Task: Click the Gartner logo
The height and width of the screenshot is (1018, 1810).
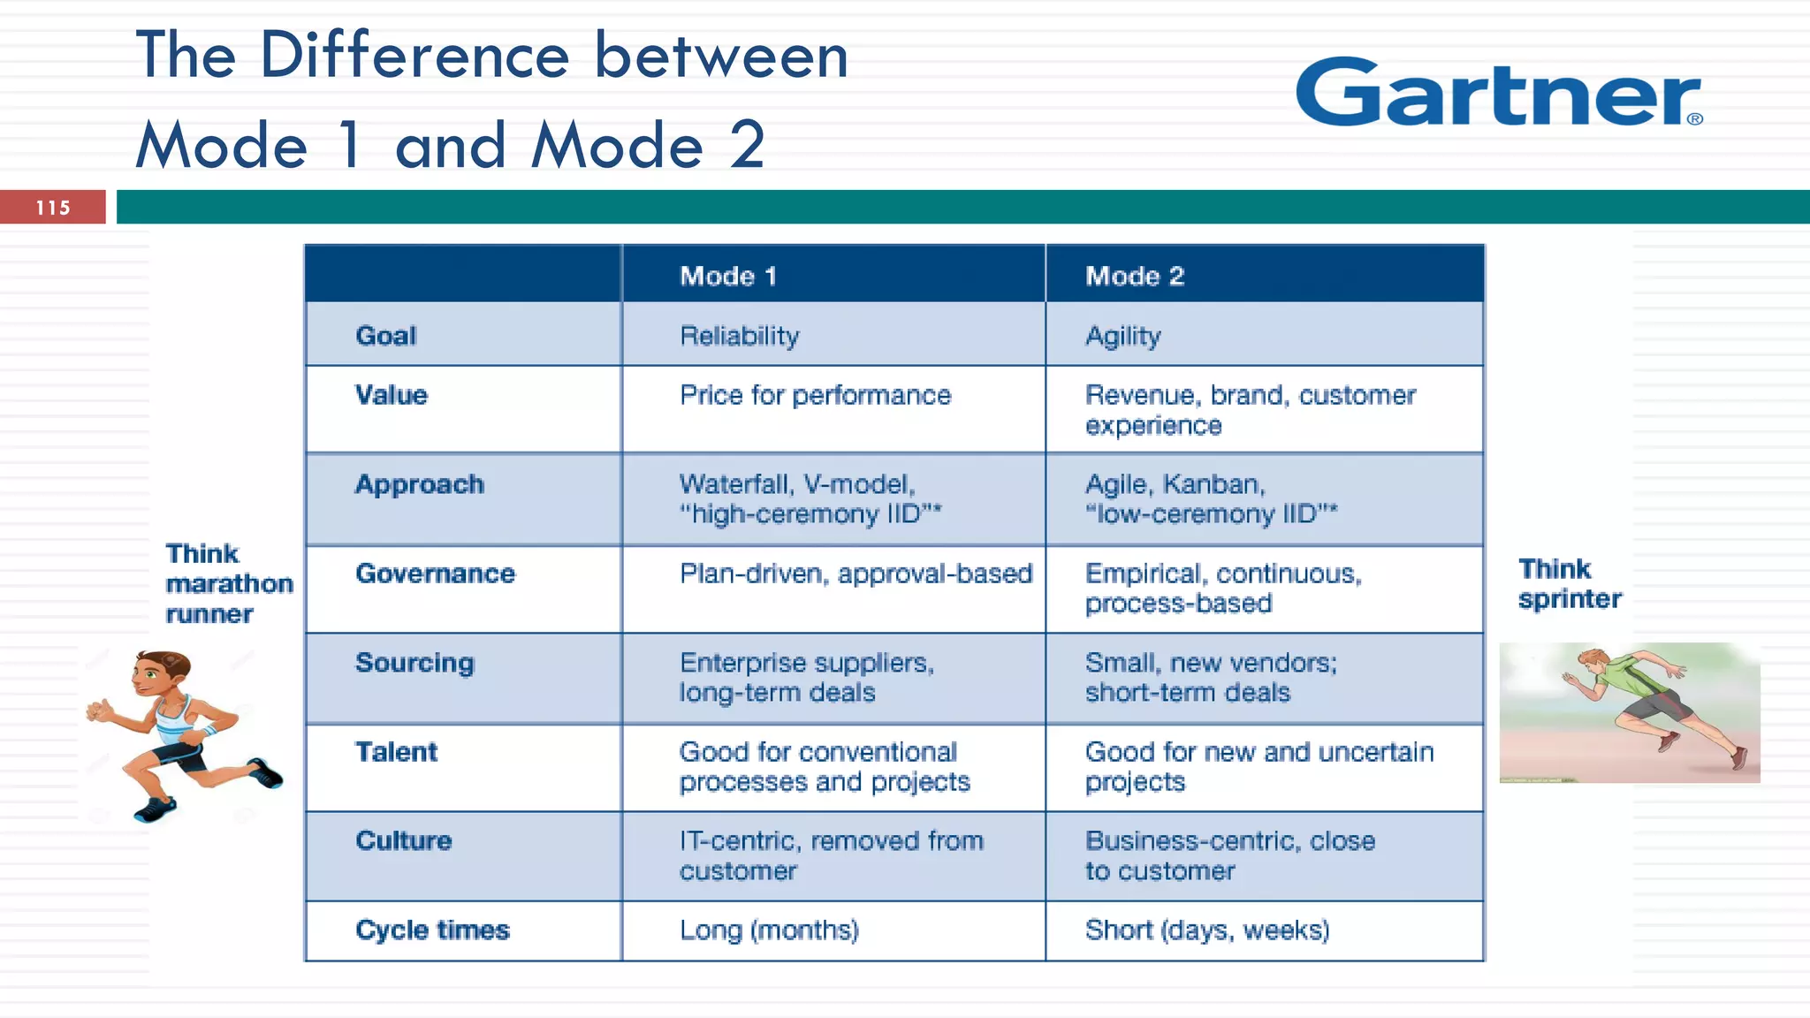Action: click(1498, 93)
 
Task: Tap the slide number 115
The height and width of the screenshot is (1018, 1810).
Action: click(53, 208)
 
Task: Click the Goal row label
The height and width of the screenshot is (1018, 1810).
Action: click(385, 336)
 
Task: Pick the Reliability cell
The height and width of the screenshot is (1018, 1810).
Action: click(739, 336)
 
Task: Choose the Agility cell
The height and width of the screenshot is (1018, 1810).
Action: click(1122, 336)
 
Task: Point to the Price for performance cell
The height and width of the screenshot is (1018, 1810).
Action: click(815, 395)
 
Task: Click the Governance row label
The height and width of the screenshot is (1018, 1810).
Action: click(435, 574)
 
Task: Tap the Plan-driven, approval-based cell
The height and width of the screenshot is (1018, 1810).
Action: click(855, 574)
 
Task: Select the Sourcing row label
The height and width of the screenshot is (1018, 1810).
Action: click(414, 663)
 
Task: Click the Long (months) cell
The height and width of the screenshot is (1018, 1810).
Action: click(769, 930)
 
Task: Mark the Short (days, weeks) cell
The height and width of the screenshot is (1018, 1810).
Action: click(1207, 930)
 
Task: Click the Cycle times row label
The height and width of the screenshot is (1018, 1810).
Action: click(432, 930)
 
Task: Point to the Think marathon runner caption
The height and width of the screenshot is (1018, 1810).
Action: click(227, 583)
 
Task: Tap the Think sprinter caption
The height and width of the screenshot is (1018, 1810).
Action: click(1569, 583)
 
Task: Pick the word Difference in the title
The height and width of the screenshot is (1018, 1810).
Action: click(414, 55)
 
